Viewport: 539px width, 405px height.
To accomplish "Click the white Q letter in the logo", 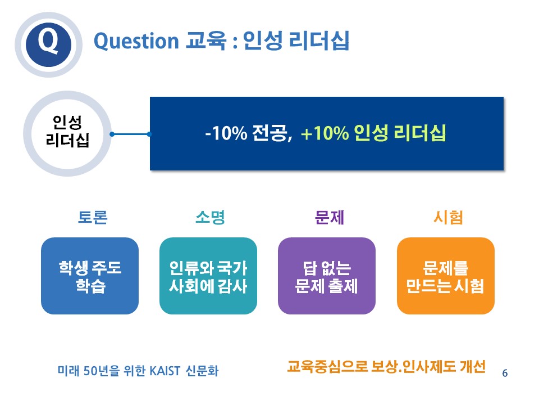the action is [48, 41].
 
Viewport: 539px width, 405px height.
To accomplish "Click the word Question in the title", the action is [136, 42].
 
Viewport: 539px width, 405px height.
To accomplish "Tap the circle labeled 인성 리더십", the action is [67, 134].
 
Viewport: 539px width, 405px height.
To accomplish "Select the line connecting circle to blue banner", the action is [130, 134].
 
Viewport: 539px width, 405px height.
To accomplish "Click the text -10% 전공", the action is [248, 133].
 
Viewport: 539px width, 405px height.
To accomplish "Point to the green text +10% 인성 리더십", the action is [373, 133].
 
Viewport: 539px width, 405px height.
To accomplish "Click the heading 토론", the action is [93, 217].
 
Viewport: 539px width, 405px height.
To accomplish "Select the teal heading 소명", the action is [210, 217].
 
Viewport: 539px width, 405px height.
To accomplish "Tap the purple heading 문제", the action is [330, 217].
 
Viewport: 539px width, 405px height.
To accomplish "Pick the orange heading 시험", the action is [448, 217].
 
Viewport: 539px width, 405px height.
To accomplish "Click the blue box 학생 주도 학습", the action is [90, 276].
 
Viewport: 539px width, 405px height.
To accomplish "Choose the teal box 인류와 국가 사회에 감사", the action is [208, 276].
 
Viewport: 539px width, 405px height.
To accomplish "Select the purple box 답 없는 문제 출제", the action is [327, 276].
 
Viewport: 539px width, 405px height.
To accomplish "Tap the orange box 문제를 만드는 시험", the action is [445, 276].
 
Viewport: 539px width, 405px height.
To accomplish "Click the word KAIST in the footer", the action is [165, 371].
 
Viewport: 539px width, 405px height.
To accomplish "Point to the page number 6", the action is [505, 373].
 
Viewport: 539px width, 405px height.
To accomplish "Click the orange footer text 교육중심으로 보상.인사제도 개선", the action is [386, 367].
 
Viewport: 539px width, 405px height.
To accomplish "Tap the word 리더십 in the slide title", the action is [319, 40].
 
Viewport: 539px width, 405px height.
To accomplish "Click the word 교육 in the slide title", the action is [206, 40].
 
